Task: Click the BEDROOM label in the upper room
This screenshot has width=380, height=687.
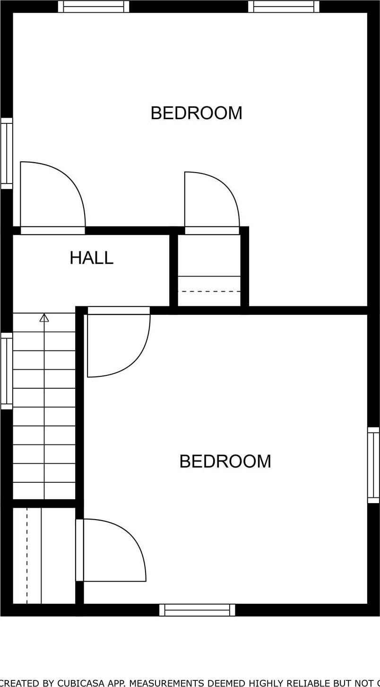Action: tap(196, 113)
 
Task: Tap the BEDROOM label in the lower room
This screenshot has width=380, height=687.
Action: tap(225, 461)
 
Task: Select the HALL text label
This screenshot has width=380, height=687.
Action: tap(91, 258)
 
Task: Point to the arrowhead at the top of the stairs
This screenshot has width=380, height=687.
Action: tap(44, 317)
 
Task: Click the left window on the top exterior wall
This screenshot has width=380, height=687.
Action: tap(94, 6)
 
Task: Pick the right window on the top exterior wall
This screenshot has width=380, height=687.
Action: tap(284, 6)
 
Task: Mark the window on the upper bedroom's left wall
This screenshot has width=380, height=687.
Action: tap(7, 153)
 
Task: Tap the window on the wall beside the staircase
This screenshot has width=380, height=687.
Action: tap(7, 371)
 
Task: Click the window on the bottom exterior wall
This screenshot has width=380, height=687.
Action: tap(197, 610)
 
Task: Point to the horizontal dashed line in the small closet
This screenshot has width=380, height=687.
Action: tap(209, 291)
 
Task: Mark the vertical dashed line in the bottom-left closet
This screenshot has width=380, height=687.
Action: tap(27, 556)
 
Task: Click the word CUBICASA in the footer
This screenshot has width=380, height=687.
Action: tap(78, 683)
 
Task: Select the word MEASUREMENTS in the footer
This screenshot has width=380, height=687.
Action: tap(162, 683)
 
